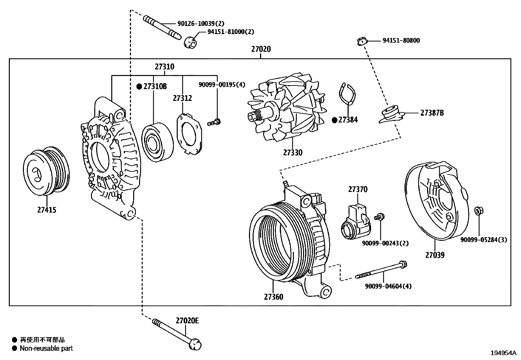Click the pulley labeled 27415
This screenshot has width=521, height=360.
46,171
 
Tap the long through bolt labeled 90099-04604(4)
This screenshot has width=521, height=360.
381,271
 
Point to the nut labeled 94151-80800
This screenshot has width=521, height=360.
361,41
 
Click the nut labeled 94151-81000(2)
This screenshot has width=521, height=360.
190,42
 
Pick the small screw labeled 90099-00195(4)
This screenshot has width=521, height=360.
215,123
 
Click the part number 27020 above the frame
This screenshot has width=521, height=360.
261,49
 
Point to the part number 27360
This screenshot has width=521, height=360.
274,297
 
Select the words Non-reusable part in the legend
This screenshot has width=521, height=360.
46,348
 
